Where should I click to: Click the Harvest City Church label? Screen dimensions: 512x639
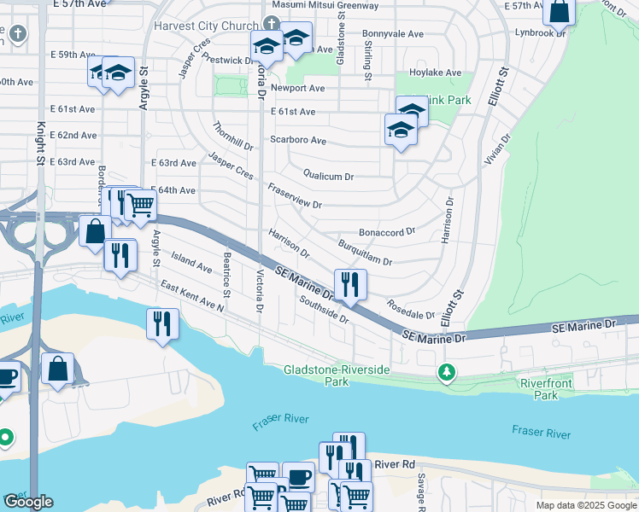205,26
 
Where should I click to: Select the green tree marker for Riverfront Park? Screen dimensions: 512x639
445,372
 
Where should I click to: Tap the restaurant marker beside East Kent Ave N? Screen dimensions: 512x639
162,323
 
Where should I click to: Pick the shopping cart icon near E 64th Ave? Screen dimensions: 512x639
140,205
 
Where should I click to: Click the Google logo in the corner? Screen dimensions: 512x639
28,502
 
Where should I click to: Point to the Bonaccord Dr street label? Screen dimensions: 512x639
386,231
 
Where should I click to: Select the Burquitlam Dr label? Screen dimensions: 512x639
365,253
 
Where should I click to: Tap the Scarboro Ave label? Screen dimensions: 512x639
298,140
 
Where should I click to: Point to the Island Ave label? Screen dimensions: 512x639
191,262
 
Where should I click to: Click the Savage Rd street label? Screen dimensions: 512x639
421,488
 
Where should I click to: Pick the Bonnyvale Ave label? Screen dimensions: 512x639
393,34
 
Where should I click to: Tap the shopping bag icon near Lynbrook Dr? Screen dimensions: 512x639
560,11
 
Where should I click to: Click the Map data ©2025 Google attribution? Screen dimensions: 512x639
586,505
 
